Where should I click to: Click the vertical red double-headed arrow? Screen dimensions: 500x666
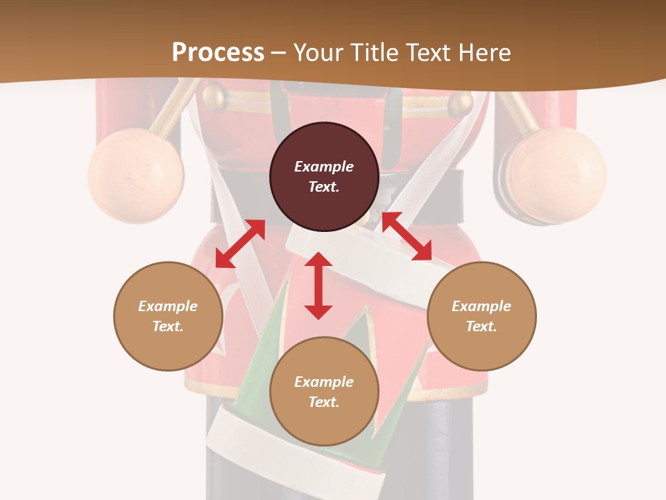pos(318,285)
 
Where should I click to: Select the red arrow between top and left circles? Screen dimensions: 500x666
pos(240,244)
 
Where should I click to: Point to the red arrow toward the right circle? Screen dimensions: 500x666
pos(407,236)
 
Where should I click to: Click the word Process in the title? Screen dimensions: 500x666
pos(218,52)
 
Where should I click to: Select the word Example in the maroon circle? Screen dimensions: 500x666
pos(324,167)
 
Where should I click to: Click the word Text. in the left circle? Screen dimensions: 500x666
pos(168,326)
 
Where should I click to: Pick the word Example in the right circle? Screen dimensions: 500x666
pos(481,306)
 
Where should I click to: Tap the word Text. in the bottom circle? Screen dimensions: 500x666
pos(324,402)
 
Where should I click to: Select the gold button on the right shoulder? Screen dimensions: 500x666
pos(460,104)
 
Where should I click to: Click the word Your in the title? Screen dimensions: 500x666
pos(316,52)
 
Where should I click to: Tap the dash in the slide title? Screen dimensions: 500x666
pos(278,53)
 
